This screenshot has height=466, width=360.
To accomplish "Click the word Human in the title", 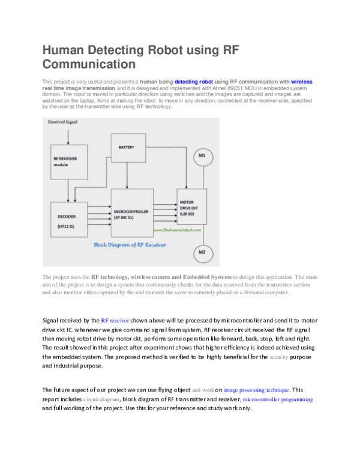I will pyautogui.click(x=65, y=51).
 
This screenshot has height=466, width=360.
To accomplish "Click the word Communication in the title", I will pyautogui.click(x=89, y=64).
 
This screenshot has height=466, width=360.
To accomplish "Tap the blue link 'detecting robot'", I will pyautogui.click(x=193, y=81).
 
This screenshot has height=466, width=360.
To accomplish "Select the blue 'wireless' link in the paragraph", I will pyautogui.click(x=301, y=81).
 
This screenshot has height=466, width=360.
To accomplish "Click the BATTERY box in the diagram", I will pyautogui.click(x=128, y=148).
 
